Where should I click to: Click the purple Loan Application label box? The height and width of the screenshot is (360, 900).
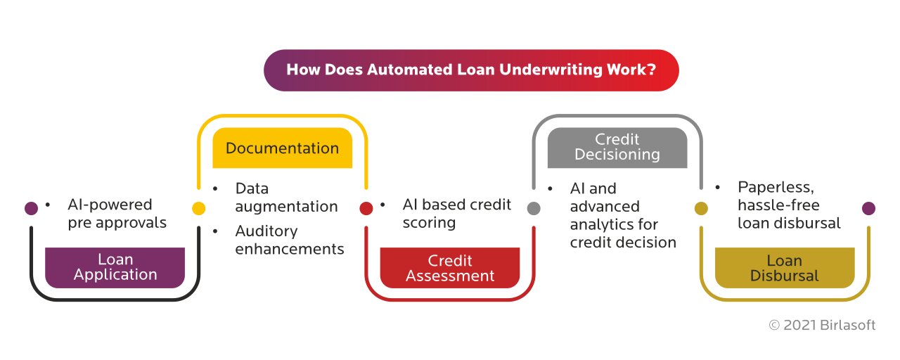(x=115, y=267)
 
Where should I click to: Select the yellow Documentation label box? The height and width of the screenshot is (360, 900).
(x=282, y=148)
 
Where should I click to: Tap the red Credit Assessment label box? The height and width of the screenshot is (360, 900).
(x=450, y=268)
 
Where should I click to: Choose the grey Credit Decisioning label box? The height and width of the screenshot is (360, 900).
(x=617, y=147)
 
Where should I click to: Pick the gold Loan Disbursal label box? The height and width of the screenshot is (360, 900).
(x=785, y=268)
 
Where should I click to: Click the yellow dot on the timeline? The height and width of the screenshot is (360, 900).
(x=199, y=208)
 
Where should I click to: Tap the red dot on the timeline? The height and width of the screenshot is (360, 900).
(x=366, y=208)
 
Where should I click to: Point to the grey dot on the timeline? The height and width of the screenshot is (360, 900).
(x=534, y=208)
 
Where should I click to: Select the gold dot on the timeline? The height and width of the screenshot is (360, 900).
(x=701, y=208)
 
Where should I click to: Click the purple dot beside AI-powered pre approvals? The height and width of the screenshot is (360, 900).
(x=31, y=208)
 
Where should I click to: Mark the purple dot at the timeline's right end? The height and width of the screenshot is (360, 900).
(x=868, y=208)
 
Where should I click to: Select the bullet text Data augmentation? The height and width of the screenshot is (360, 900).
(x=286, y=198)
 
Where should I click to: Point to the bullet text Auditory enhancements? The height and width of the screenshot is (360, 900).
(x=289, y=240)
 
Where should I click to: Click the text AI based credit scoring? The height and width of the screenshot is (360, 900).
(x=456, y=213)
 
